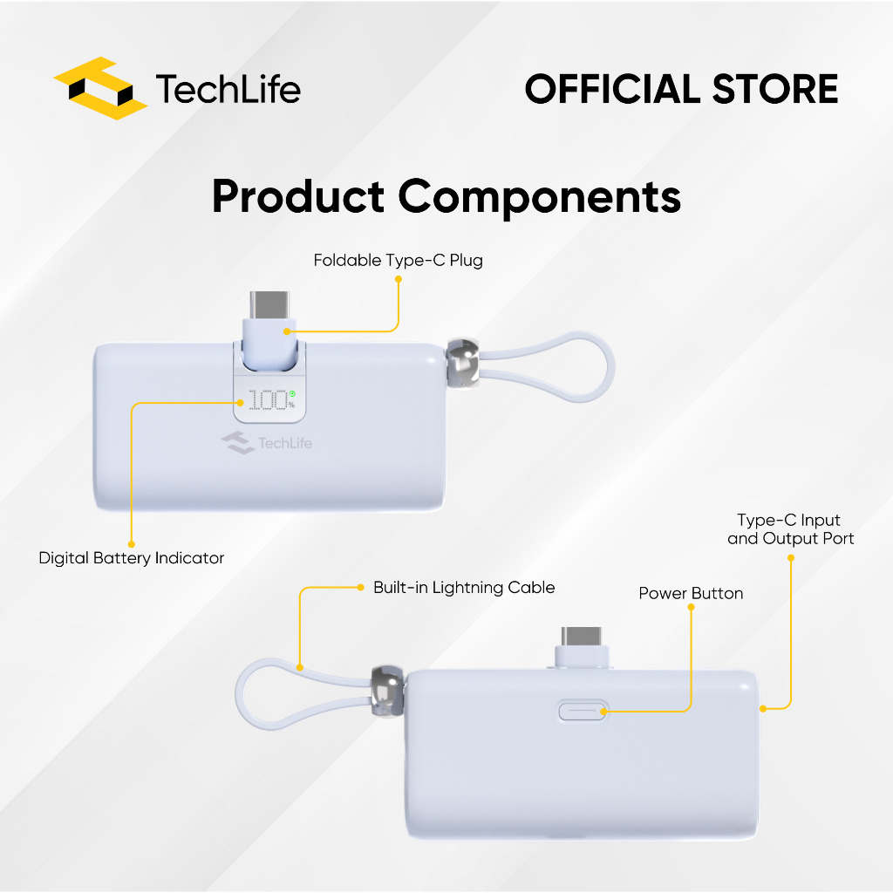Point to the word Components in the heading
pyautogui.click(x=540, y=198)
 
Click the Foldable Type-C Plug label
pyautogui.click(x=399, y=260)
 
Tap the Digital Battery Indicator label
pyautogui.click(x=132, y=558)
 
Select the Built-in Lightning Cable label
pyautogui.click(x=464, y=587)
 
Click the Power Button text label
pyautogui.click(x=691, y=594)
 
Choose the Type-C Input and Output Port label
pyautogui.click(x=790, y=529)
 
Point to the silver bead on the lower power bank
pyautogui.click(x=385, y=693)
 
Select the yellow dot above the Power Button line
pyautogui.click(x=692, y=609)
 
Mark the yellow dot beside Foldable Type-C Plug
pyautogui.click(x=399, y=280)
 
